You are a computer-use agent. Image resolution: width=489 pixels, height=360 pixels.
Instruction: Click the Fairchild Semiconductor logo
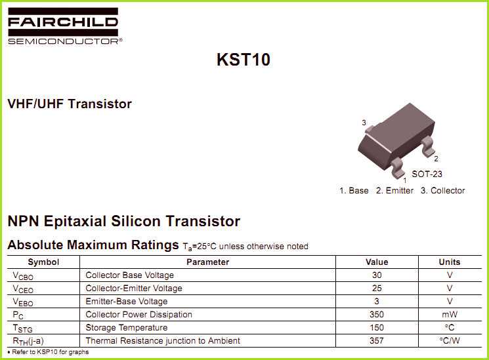coord(64,26)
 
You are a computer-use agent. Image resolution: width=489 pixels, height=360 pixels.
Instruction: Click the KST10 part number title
coord(244,60)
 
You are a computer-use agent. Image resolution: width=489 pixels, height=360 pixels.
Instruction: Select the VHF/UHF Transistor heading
coord(70,104)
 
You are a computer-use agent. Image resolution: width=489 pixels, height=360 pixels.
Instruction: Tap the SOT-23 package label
coord(427,174)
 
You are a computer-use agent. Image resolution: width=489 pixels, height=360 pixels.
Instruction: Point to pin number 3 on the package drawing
coord(364,123)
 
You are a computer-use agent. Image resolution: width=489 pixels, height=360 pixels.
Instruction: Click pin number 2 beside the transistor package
coord(436,159)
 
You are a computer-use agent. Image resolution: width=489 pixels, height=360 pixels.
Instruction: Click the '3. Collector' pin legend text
coord(442,191)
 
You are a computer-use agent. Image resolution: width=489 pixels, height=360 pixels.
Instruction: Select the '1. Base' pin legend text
coord(354,191)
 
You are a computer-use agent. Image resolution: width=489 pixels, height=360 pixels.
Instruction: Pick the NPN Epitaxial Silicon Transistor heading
coord(123,221)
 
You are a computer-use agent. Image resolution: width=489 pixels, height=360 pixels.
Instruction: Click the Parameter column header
coord(207,262)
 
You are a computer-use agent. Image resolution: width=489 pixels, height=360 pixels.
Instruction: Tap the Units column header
coord(450,262)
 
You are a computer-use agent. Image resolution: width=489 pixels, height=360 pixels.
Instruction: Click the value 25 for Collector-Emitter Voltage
coord(377,289)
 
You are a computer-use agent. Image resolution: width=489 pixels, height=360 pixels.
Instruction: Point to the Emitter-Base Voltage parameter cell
coord(127,302)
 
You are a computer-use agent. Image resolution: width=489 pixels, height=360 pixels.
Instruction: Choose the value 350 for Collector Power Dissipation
coord(377,315)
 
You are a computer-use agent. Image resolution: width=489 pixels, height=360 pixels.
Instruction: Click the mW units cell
coord(450,315)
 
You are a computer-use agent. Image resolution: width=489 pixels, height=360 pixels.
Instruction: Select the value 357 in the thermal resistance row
coord(377,341)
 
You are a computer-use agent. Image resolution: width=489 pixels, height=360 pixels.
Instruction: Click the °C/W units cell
coord(450,341)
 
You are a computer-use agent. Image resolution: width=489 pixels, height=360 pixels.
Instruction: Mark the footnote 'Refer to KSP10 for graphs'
coord(48,352)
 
